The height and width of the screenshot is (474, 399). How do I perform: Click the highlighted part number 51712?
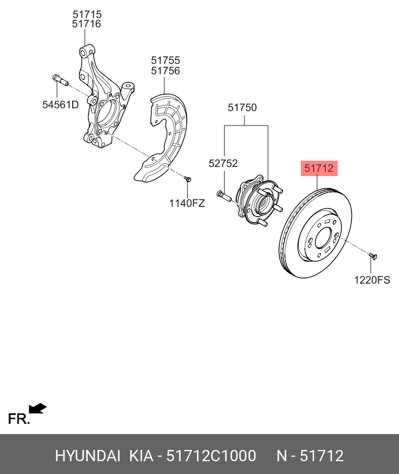(x=319, y=167)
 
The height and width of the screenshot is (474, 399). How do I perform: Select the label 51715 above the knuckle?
(x=86, y=14)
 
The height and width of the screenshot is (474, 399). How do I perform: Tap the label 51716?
(x=86, y=24)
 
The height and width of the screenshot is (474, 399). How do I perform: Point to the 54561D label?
(x=60, y=105)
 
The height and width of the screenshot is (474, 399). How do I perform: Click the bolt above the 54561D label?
(x=59, y=80)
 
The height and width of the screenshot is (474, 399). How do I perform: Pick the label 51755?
(x=165, y=61)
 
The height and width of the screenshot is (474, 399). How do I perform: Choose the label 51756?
(x=165, y=71)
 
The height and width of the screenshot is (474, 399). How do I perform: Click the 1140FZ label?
(x=187, y=203)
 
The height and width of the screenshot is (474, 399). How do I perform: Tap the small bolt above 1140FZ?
(x=187, y=179)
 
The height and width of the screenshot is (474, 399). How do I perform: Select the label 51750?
(x=242, y=108)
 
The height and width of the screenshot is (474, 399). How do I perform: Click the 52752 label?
(x=223, y=163)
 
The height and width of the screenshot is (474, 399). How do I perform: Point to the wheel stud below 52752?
(x=224, y=195)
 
